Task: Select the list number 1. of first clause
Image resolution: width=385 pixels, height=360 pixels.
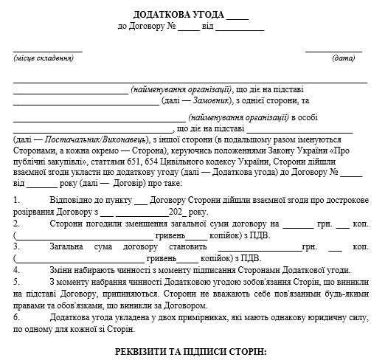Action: (x=17, y=200)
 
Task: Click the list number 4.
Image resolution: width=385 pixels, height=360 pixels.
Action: (x=17, y=270)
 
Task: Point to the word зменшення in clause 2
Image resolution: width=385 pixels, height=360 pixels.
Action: (x=138, y=224)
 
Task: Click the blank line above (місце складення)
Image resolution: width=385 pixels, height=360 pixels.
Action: (x=46, y=50)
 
